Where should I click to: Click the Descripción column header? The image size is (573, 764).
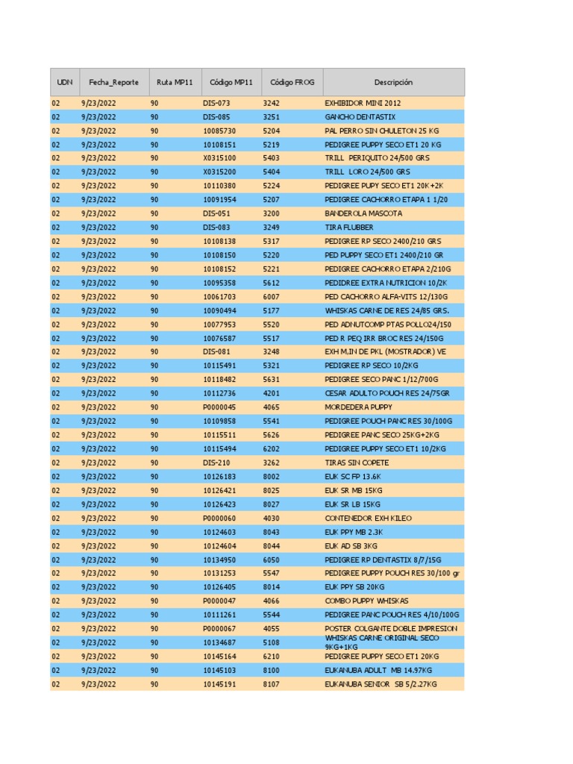click(x=393, y=82)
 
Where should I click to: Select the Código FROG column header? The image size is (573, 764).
click(x=292, y=82)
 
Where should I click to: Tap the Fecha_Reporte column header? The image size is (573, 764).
click(x=113, y=82)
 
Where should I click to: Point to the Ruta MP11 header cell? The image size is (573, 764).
click(x=175, y=82)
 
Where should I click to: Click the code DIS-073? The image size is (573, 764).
click(x=216, y=103)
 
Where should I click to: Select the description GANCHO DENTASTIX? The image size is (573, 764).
click(x=360, y=117)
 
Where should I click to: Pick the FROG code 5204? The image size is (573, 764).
click(x=271, y=131)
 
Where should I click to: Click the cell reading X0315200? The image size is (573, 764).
click(x=219, y=172)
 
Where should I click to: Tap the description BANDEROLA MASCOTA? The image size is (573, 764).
click(x=363, y=213)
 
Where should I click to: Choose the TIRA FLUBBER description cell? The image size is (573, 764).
click(x=349, y=228)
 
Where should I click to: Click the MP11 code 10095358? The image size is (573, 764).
click(x=219, y=283)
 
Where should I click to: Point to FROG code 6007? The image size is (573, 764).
click(x=271, y=297)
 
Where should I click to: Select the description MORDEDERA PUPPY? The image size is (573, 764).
click(x=359, y=407)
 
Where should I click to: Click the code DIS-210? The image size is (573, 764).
click(x=216, y=463)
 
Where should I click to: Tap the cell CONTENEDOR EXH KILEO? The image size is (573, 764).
click(x=368, y=518)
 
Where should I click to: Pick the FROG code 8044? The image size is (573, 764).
click(x=271, y=546)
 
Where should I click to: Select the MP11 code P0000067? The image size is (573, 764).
click(x=219, y=629)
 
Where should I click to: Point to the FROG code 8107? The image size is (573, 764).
click(x=271, y=684)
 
